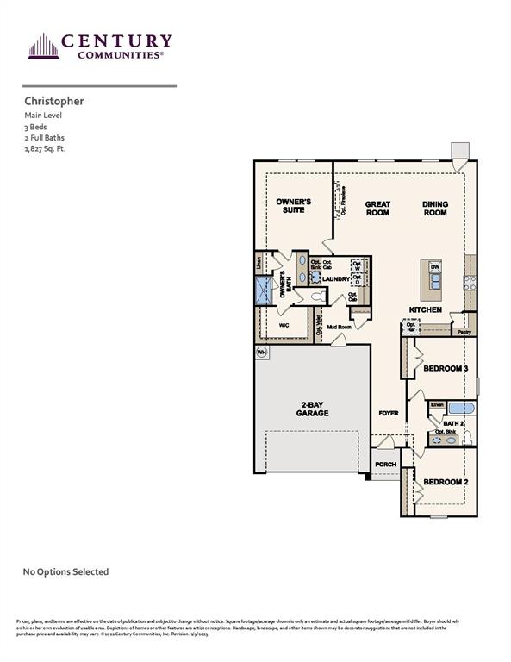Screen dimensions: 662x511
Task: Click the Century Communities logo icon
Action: (41, 46)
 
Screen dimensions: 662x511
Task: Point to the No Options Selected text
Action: (65, 571)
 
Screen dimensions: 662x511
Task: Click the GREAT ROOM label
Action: (377, 208)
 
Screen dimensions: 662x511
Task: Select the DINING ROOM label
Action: (434, 208)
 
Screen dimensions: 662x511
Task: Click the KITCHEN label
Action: (426, 309)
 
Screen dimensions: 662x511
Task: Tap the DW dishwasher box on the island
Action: (435, 267)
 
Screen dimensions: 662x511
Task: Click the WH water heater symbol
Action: (261, 353)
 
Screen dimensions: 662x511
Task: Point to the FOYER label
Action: (389, 413)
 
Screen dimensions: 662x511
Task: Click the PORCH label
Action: (385, 465)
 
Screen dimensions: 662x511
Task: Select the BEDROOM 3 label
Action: (446, 369)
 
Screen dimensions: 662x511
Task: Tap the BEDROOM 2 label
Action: (446, 481)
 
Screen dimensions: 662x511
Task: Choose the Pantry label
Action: (464, 331)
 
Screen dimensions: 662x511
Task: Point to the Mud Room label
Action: (338, 328)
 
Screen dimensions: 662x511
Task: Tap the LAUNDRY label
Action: (337, 279)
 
